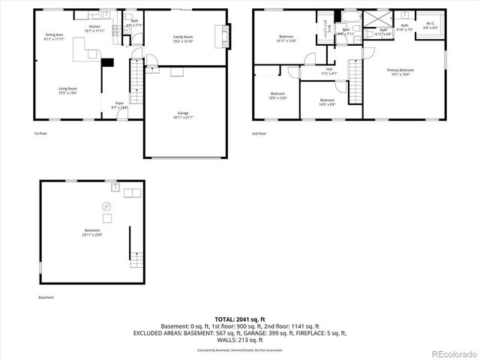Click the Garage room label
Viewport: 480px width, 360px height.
[178, 115]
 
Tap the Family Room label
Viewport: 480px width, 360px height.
[183, 38]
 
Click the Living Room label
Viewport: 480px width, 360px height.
[68, 91]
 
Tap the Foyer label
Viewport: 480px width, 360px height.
[119, 105]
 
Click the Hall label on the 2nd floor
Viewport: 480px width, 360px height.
[329, 72]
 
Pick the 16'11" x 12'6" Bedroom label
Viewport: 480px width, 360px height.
[286, 38]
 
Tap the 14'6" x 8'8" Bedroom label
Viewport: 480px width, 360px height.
[327, 101]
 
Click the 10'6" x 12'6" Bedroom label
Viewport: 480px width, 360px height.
[277, 96]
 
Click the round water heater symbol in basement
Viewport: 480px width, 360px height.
[106, 206]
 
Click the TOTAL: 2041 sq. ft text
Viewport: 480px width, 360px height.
[240, 319]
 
